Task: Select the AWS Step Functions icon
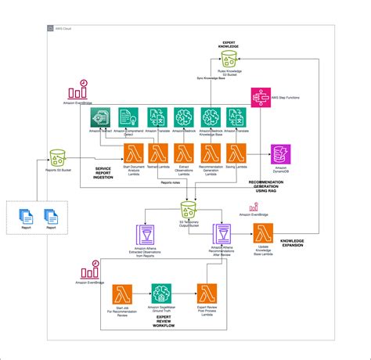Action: pos(259,96)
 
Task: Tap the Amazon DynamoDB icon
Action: pos(279,154)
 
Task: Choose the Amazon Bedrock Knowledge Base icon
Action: pos(210,117)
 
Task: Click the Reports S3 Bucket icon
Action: pos(57,157)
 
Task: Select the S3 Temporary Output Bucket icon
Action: pos(187,210)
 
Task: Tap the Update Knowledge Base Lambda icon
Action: pos(261,233)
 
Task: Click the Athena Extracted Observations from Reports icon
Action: pos(146,234)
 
